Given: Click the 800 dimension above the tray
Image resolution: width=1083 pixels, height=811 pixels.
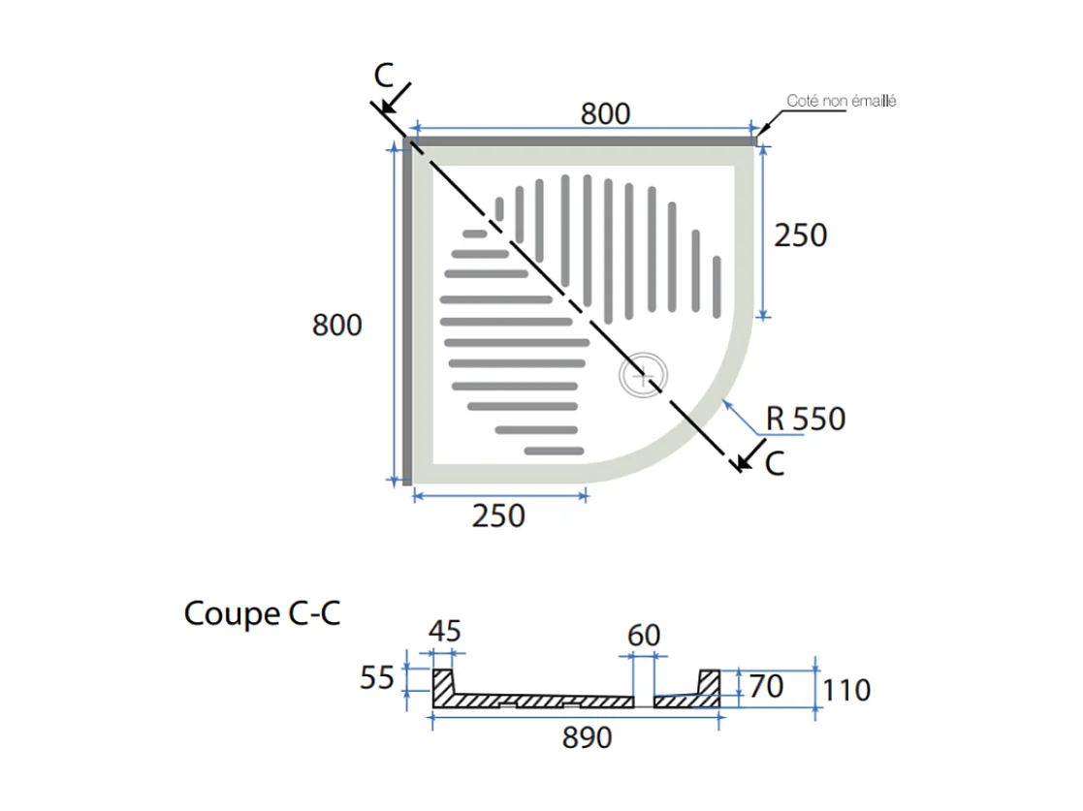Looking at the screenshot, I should tap(606, 113).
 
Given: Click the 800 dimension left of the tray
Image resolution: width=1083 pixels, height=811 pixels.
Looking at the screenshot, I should tap(337, 325).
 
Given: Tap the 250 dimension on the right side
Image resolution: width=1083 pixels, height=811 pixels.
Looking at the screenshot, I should tap(801, 234).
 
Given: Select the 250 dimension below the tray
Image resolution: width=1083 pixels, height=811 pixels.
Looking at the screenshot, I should tap(498, 515).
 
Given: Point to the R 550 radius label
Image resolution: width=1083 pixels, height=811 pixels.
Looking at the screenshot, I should tap(805, 419).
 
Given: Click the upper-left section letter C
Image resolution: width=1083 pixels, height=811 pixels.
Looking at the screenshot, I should tap(385, 75).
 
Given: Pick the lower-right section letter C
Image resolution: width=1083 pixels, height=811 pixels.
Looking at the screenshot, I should tap(774, 464).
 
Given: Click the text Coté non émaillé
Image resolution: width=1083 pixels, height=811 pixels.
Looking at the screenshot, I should tap(841, 101).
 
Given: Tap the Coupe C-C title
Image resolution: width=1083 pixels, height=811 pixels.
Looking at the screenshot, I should tap(262, 613).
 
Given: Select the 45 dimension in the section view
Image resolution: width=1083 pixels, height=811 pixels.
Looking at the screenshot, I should tap(444, 632).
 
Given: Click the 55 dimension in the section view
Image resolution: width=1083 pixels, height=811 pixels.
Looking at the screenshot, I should tap(377, 678).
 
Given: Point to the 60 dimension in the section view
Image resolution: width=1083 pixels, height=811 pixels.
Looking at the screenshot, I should tap(644, 636).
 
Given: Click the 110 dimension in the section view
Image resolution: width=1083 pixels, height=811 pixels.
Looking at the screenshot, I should tap(846, 690).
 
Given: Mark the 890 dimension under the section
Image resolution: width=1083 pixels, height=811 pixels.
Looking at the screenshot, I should tap(588, 738).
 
